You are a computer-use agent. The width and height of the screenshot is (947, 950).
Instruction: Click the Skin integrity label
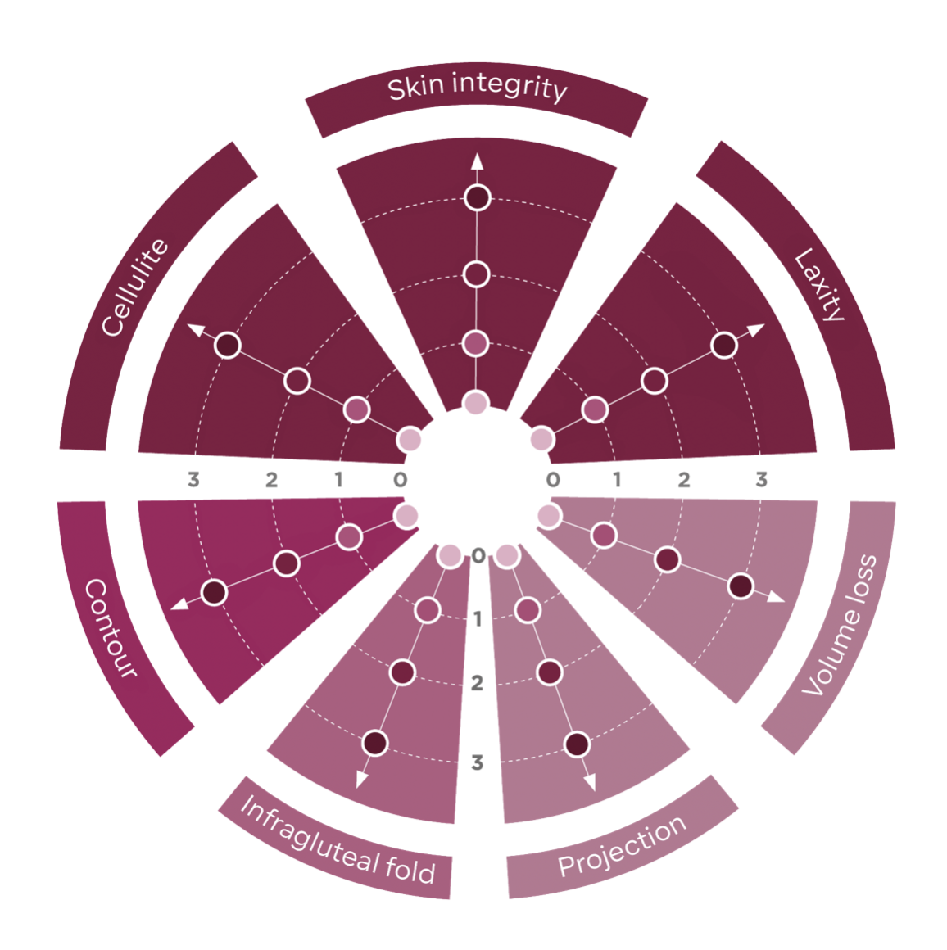(477, 88)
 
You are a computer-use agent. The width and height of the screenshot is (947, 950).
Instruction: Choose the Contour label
(111, 627)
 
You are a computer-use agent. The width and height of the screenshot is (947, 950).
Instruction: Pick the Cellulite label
(134, 287)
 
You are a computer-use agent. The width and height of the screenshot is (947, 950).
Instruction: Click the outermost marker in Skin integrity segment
(477, 197)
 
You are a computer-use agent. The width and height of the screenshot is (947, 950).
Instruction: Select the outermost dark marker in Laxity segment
(724, 345)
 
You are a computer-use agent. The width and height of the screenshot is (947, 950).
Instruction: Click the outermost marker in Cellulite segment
(228, 345)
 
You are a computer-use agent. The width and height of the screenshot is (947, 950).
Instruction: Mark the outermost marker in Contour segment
(214, 591)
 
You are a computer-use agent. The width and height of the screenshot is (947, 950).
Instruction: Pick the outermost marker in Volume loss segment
(741, 586)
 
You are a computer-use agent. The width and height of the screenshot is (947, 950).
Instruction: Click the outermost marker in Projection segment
(577, 744)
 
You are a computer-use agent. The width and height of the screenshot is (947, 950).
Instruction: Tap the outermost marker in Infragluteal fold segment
(374, 743)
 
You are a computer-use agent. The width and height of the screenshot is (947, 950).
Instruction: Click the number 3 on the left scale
(193, 479)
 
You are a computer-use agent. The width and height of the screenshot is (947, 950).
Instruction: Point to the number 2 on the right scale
(684, 479)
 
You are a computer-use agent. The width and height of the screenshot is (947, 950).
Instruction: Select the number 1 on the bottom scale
(478, 618)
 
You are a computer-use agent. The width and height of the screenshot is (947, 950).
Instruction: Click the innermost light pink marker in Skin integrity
(475, 403)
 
